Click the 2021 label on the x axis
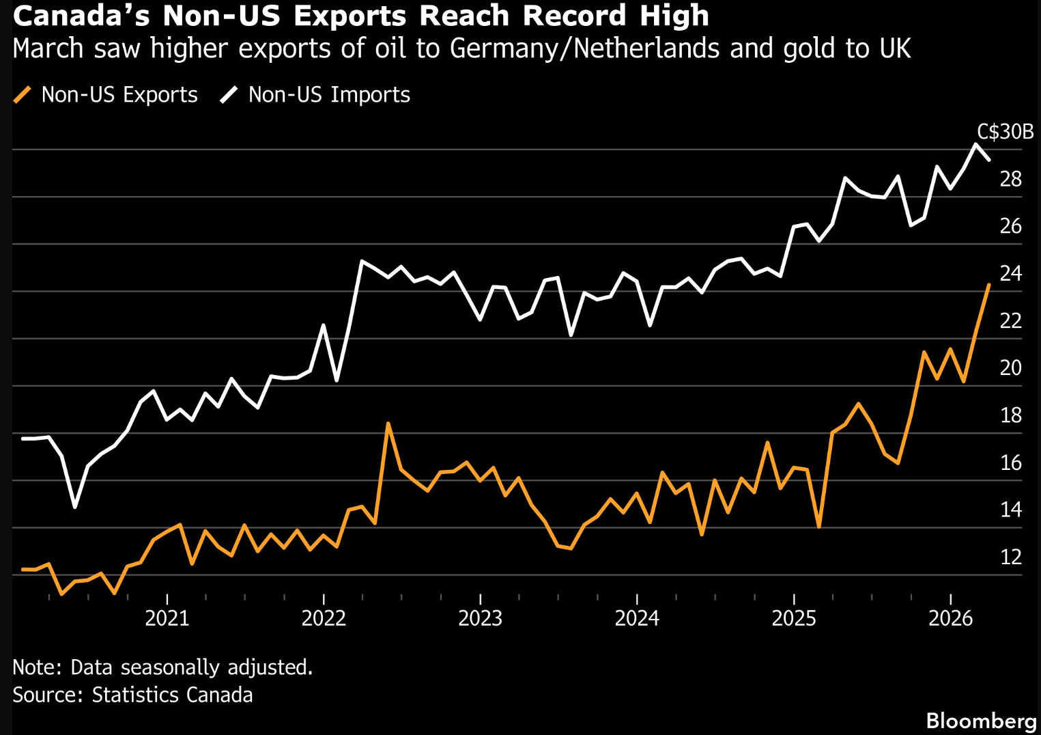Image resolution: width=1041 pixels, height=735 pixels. pyautogui.click(x=167, y=618)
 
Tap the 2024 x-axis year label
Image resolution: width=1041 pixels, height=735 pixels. pyautogui.click(x=637, y=618)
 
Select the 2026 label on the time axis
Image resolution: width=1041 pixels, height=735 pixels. pyautogui.click(x=950, y=618)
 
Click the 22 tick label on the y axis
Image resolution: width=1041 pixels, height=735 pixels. pyautogui.click(x=1011, y=320)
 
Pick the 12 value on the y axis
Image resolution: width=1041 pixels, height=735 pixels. pyautogui.click(x=1011, y=557)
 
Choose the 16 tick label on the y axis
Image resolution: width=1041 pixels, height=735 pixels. pyautogui.click(x=1011, y=463)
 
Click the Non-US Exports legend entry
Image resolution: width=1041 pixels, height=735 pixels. pyautogui.click(x=106, y=94)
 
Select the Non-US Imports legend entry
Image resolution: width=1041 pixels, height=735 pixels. pyautogui.click(x=315, y=94)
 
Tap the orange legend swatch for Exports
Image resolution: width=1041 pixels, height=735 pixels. pyautogui.click(x=23, y=94)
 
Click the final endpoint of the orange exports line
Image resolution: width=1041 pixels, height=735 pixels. pyautogui.click(x=989, y=285)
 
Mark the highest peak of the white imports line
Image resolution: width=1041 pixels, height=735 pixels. pyautogui.click(x=975, y=145)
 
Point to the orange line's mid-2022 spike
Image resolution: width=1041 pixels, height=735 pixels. pyautogui.click(x=388, y=424)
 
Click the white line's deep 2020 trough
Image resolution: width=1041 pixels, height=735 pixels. pyautogui.click(x=75, y=507)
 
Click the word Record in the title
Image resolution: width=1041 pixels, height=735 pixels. pyautogui.click(x=574, y=15)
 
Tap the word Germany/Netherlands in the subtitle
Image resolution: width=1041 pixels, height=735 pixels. pyautogui.click(x=584, y=48)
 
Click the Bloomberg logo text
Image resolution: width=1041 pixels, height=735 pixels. pyautogui.click(x=980, y=721)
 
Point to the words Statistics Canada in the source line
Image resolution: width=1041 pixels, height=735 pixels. pyautogui.click(x=173, y=695)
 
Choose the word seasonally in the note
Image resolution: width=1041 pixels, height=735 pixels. pyautogui.click(x=169, y=667)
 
